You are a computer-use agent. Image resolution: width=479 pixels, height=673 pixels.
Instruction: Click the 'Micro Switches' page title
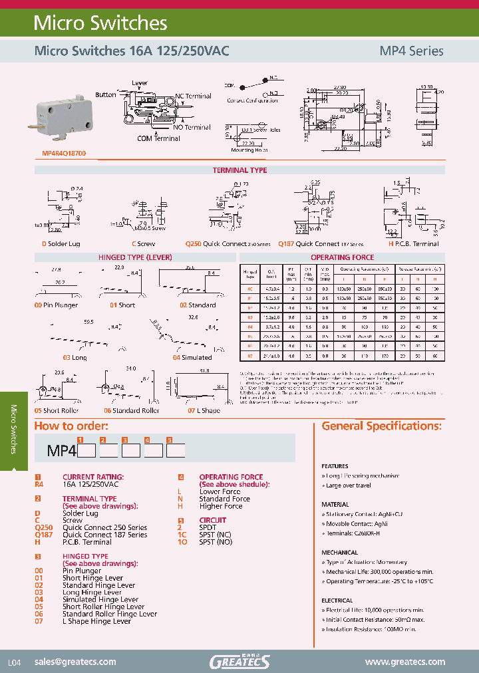point(100,23)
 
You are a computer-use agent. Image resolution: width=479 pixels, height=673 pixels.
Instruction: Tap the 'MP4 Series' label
point(410,51)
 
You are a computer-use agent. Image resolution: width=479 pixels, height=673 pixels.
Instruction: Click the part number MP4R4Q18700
point(59,153)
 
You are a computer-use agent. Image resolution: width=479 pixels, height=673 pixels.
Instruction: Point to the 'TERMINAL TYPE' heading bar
point(239,170)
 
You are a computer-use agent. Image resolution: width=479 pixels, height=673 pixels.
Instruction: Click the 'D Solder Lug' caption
point(61,244)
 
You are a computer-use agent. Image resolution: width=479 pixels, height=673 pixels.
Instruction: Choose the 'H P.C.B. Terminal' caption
point(413,244)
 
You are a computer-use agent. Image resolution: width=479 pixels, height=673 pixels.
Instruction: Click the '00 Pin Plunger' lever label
point(56,305)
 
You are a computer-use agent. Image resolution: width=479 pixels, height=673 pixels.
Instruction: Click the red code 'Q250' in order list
point(43,527)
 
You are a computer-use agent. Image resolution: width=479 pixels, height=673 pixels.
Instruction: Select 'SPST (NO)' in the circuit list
point(216,542)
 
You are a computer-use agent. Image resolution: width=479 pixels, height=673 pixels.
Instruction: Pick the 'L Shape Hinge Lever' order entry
point(96,621)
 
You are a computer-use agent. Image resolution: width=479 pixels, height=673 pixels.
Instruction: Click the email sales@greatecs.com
point(75,662)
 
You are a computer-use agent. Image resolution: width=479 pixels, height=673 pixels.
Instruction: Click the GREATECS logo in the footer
point(239,661)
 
